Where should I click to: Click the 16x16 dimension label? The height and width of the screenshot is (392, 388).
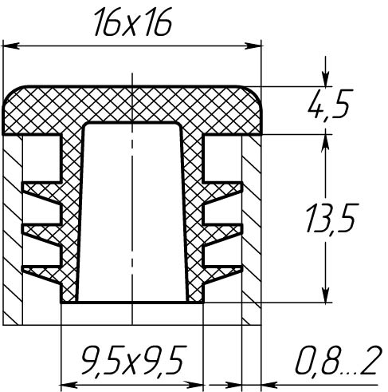tap(133, 22)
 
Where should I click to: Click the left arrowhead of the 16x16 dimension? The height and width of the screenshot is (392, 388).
tap(11, 46)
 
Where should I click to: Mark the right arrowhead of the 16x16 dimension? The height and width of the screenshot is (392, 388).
tap(253, 46)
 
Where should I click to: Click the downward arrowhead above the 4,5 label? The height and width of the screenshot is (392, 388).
tap(326, 79)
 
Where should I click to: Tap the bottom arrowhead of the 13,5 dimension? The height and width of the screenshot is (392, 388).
tap(326, 295)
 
